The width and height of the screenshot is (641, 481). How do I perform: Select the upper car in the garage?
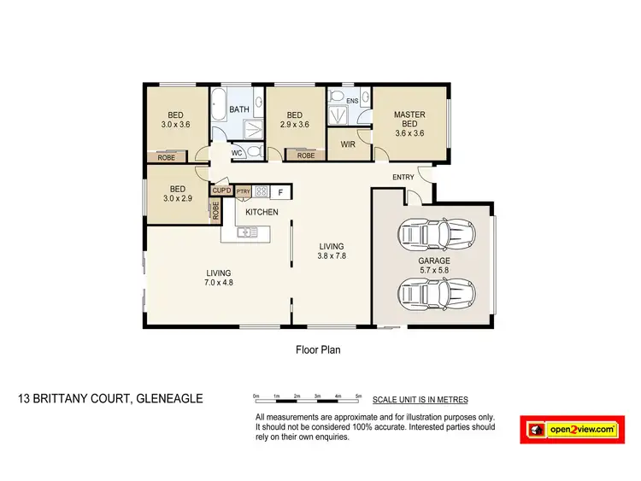coord(436,233)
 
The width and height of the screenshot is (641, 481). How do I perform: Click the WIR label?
coord(348,145)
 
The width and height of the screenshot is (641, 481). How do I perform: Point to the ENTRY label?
coord(403,178)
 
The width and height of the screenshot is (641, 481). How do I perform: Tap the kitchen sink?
coord(249,231)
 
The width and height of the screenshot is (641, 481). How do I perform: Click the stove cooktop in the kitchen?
coord(261,192)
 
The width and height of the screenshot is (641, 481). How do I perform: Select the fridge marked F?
coord(279,192)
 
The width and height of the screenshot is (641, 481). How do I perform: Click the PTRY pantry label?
coord(243,192)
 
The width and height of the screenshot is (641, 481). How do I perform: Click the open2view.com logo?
coord(571,430)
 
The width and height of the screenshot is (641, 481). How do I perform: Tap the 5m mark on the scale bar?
coord(358,396)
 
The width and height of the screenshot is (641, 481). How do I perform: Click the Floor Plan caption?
coord(319,349)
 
